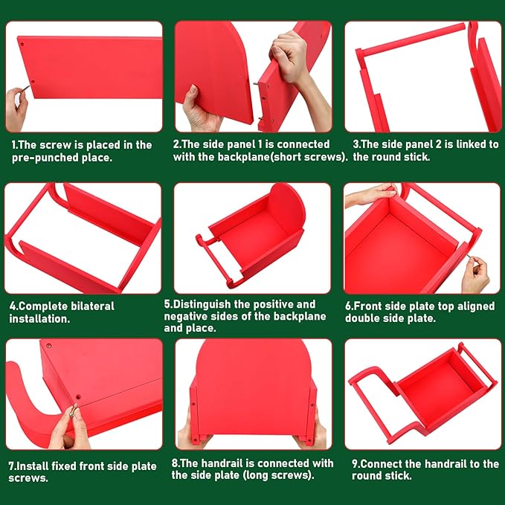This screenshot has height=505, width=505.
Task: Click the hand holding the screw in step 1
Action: coord(16,108)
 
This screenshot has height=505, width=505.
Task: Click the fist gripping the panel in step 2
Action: coord(288,56)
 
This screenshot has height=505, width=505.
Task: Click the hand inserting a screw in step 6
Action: coord(475,274)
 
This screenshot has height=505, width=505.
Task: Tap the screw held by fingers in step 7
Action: coord(74,411)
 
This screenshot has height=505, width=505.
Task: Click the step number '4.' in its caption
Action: coord(13,306)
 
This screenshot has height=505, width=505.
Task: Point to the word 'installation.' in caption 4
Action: coord(39,319)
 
